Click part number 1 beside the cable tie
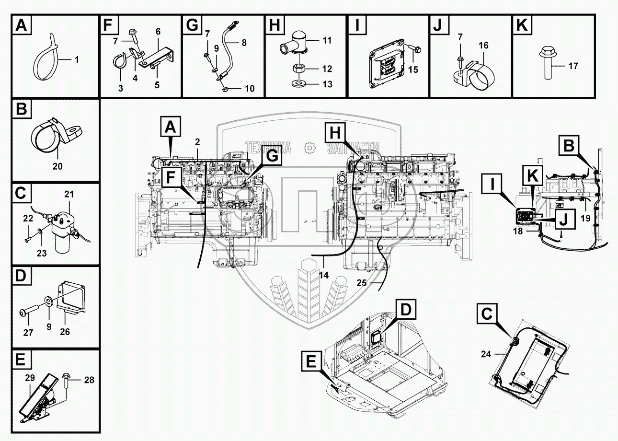(77, 59)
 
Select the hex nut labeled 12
(299, 68)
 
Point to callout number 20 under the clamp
(57, 166)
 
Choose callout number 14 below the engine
(324, 275)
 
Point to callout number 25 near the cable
(362, 283)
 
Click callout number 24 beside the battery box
(486, 354)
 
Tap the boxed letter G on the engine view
(272, 156)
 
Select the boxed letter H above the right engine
(335, 133)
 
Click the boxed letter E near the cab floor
(311, 361)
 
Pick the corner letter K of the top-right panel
(522, 25)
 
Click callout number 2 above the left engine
(197, 142)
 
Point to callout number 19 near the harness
(585, 218)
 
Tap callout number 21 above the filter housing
(69, 194)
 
